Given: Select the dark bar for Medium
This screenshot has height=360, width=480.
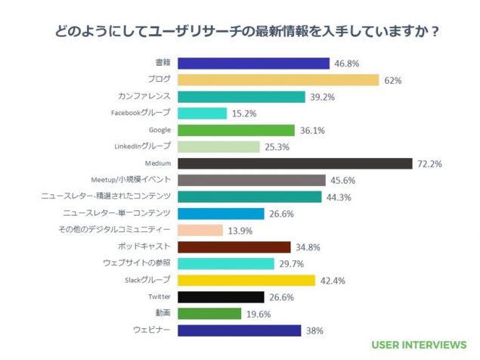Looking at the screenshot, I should pos(294,163).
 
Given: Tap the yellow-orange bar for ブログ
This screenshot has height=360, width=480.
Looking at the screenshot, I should pos(277,80).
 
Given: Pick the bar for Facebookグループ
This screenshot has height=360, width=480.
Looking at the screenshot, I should pos(202,113).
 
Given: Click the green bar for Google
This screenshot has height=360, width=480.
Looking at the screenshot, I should pos(235,130).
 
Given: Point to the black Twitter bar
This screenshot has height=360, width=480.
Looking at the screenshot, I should pos(220,296).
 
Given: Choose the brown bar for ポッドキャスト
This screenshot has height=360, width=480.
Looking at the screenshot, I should pos(234,247).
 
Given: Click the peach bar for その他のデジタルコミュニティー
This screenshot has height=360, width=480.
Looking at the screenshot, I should pos(200,230).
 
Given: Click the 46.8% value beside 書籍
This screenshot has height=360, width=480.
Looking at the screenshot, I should pos(348,64).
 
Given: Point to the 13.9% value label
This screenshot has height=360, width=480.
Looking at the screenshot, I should pos(240,231).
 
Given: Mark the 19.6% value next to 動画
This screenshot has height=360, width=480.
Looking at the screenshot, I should pos(259,314).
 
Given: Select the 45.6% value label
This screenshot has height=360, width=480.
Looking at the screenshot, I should pos(344,181).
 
